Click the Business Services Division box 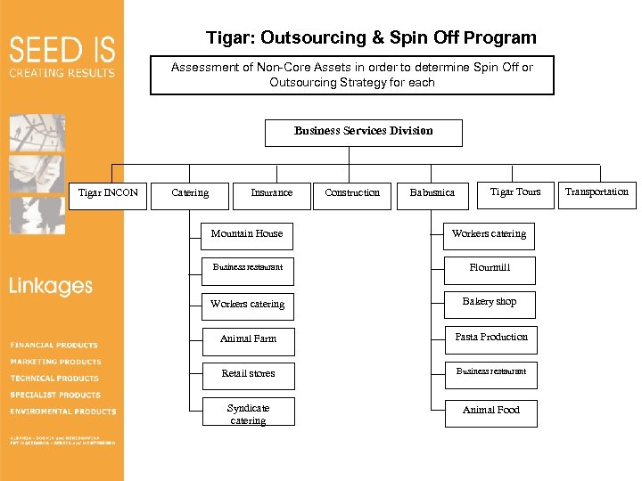click(364, 132)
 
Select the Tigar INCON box click(109, 193)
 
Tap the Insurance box click(271, 193)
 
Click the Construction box click(352, 193)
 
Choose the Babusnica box click(432, 193)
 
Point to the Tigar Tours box click(515, 192)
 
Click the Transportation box click(597, 192)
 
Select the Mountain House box click(247, 234)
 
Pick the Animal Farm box click(248, 339)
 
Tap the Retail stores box click(248, 374)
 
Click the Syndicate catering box click(248, 414)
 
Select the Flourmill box click(490, 268)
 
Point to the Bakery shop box click(490, 303)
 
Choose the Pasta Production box click(491, 338)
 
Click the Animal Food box click(491, 411)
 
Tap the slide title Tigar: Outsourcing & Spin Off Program click(371, 38)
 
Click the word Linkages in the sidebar click(51, 287)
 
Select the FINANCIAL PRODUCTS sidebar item click(54, 345)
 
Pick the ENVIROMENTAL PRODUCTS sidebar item click(63, 412)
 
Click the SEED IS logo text click(62, 49)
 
